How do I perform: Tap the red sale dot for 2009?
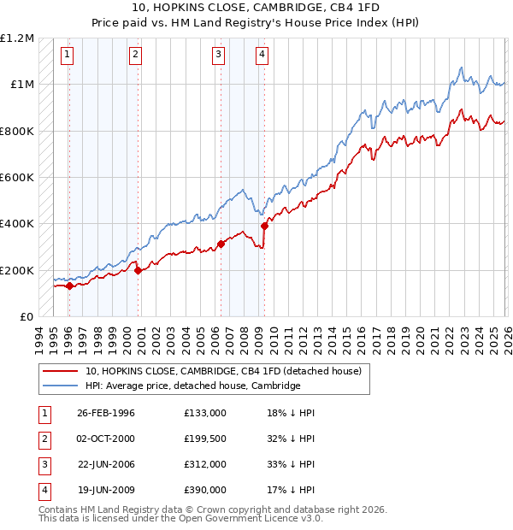[264, 226]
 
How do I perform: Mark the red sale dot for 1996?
[69, 286]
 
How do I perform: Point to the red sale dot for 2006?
[221, 244]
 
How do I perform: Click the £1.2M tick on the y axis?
[17, 38]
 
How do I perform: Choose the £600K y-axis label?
[17, 177]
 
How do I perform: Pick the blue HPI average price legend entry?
[193, 386]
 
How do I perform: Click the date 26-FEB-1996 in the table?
[106, 413]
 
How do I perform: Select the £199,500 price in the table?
[205, 439]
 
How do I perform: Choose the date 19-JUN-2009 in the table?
[106, 490]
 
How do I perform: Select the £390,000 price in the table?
[205, 490]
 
